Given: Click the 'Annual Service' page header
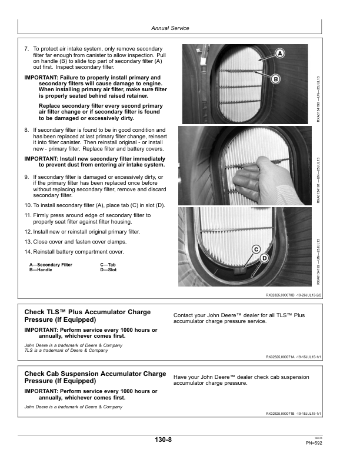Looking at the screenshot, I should pyautogui.click(x=170, y=28).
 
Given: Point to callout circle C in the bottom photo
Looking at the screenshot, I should pyautogui.click(x=256, y=249).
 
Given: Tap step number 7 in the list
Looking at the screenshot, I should pyautogui.click(x=26, y=49).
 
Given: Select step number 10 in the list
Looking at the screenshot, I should pyautogui.click(x=28, y=204).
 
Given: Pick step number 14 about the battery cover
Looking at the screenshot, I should pyautogui.click(x=28, y=252).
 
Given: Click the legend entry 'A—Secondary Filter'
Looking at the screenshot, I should pyautogui.click(x=51, y=265).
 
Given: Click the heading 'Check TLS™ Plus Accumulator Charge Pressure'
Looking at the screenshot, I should pyautogui.click(x=87, y=315).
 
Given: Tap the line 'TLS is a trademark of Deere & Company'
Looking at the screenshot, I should pyautogui.click(x=66, y=351).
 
